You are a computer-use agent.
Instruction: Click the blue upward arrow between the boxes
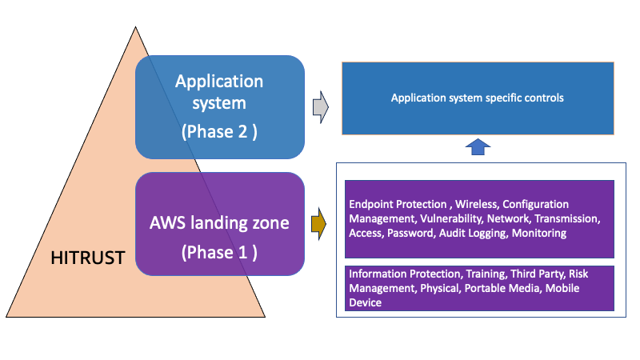pos(477,148)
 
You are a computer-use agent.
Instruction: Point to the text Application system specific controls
pos(478,98)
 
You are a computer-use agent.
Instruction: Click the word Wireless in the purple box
pos(476,205)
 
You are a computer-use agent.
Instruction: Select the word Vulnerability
pos(444,218)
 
